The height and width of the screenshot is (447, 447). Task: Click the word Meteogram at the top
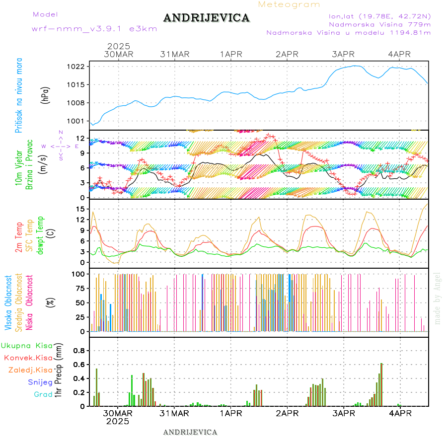click(x=289, y=4)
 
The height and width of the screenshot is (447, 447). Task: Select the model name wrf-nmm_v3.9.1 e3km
click(x=94, y=29)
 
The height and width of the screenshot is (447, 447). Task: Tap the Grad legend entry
click(x=43, y=394)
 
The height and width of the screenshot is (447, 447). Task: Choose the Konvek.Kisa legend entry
click(x=28, y=358)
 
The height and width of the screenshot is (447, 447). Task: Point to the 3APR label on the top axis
click(x=343, y=54)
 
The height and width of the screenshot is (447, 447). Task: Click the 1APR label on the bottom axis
click(x=231, y=413)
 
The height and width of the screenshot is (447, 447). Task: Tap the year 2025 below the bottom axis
click(x=118, y=422)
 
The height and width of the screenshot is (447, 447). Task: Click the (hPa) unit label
click(x=46, y=95)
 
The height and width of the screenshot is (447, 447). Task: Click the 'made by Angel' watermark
click(x=438, y=298)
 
